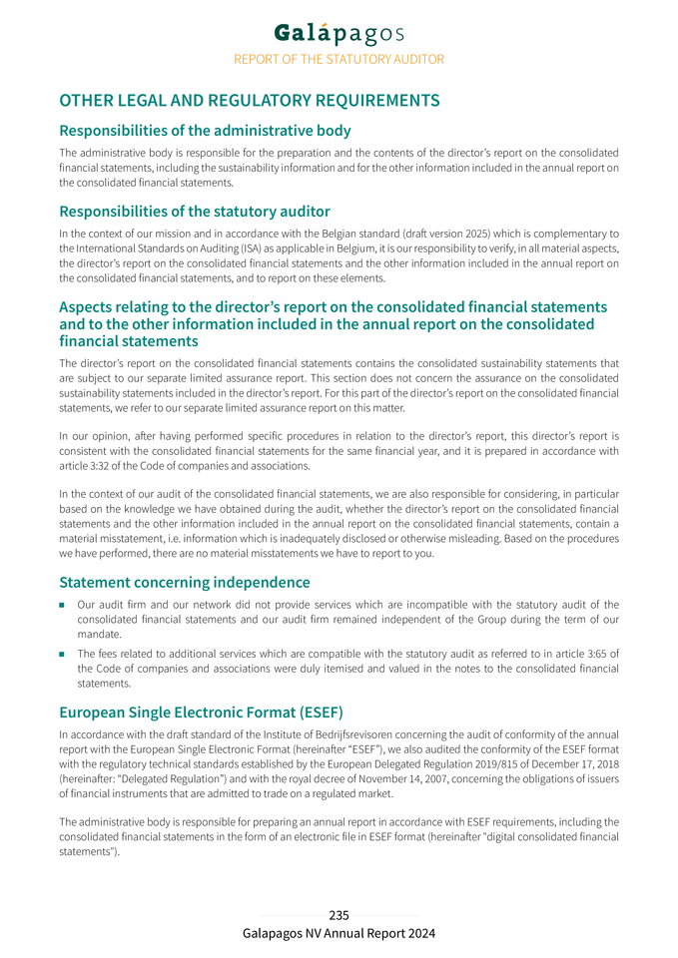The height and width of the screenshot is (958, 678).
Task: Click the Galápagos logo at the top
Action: pos(339,33)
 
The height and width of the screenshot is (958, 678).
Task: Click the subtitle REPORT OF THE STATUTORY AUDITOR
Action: pos(339,59)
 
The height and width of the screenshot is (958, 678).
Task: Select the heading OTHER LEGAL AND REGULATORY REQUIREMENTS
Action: pos(250,101)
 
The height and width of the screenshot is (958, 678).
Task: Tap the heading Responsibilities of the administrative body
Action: pos(205,131)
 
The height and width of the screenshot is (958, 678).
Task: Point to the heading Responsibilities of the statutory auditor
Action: pos(195,212)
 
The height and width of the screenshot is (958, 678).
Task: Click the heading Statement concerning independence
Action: pos(185,582)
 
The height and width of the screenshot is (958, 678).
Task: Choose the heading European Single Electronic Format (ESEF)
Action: pos(201,713)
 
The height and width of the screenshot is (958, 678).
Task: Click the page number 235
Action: pos(339,915)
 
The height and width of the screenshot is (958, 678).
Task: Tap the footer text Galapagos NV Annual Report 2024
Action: pos(339,934)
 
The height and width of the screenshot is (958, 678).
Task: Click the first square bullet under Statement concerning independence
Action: pos(62,605)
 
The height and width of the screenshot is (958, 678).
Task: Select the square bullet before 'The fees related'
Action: pos(62,655)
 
